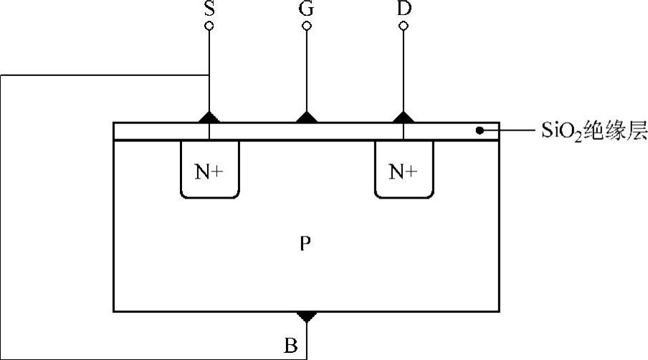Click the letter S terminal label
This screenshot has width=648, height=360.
tap(209, 9)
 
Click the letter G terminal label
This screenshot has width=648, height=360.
tap(307, 9)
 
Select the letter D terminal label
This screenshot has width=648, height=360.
tap(404, 9)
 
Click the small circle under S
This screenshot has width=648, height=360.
tap(209, 27)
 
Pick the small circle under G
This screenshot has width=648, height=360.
tap(307, 27)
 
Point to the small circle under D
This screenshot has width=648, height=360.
tap(404, 27)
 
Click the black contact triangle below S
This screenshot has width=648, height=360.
tap(209, 118)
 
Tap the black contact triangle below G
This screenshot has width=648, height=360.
tap(307, 118)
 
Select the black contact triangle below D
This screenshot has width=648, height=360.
tap(404, 118)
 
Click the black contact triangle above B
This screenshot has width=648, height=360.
tap(307, 316)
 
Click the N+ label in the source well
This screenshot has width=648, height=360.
tap(209, 171)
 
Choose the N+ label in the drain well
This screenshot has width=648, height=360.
tap(404, 171)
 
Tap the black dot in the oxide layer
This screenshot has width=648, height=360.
tap(478, 131)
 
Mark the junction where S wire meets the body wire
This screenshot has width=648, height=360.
tap(209, 75)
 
